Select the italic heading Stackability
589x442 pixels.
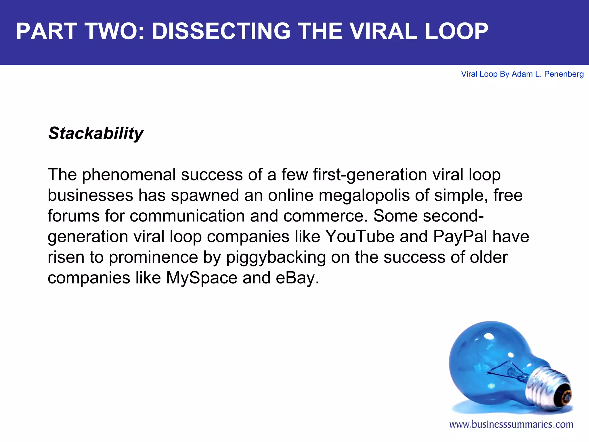pos(96,134)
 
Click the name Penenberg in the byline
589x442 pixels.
pos(564,74)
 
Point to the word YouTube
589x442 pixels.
pos(360,237)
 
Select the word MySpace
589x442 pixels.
pos(202,278)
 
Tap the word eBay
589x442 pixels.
pos(297,278)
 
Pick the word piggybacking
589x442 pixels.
pos(276,257)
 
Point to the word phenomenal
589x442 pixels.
pos(129,175)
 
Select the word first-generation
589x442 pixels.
pos(370,175)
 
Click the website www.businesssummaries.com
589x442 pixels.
pos(511,424)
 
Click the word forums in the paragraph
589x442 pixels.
pos(73,216)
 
